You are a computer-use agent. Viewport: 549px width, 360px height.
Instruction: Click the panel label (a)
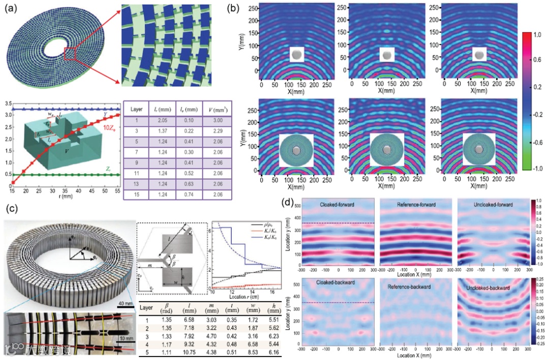(x=9, y=9)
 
